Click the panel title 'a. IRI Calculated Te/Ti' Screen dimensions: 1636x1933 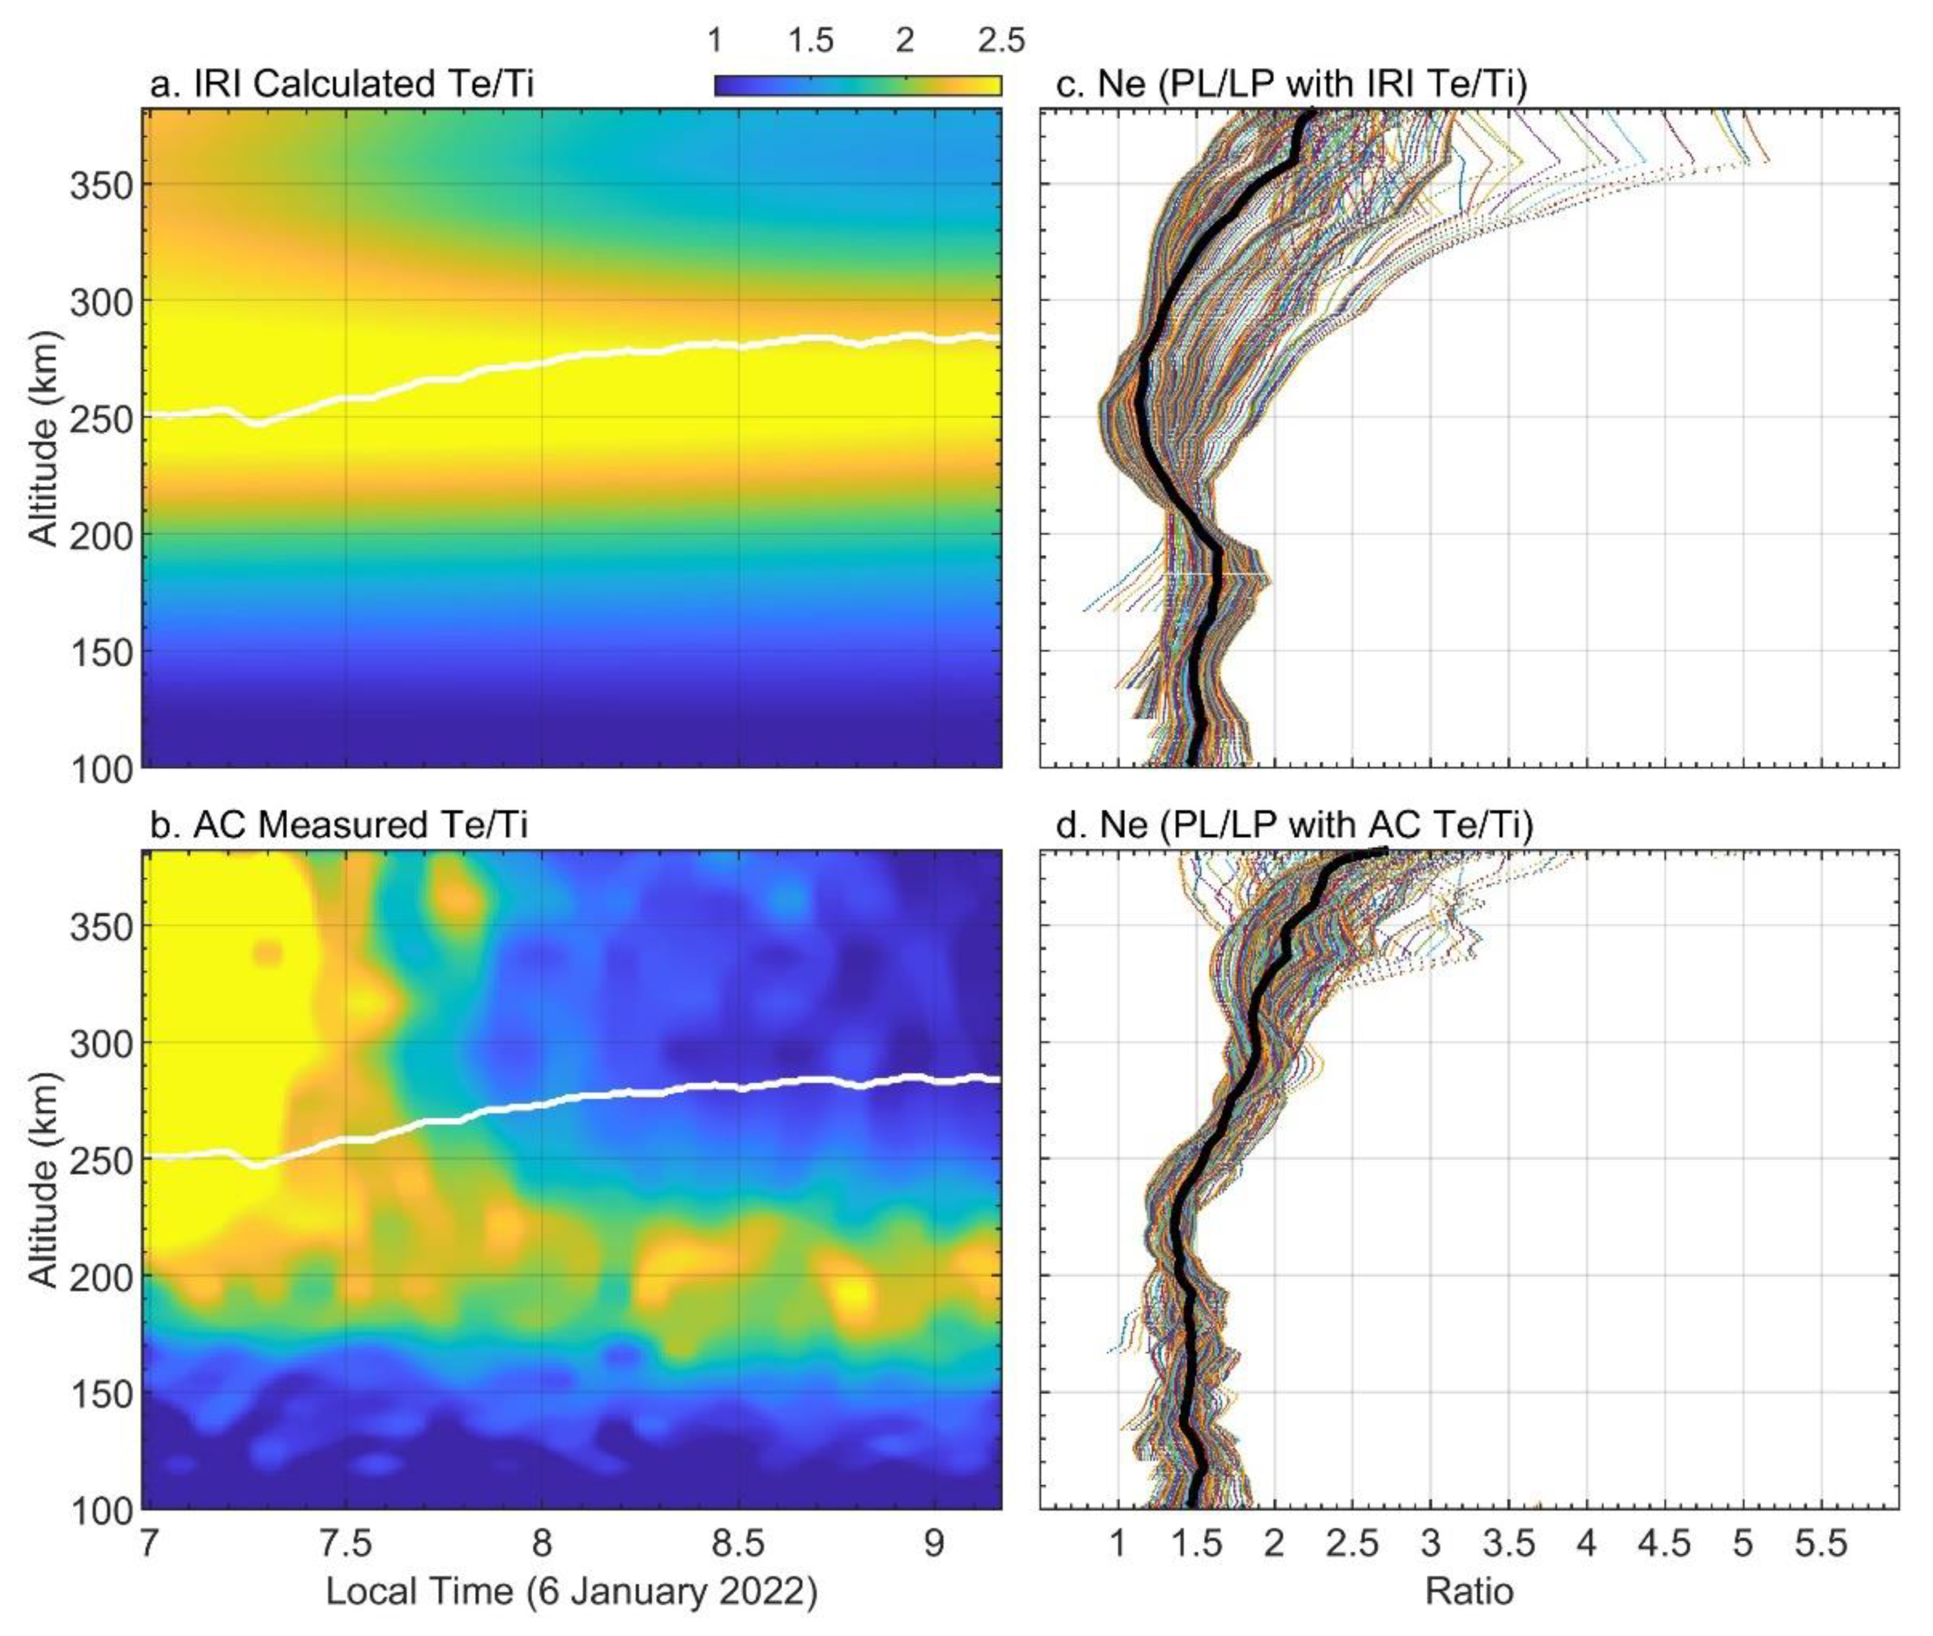tap(341, 84)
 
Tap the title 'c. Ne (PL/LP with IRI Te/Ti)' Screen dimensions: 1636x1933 tap(1291, 84)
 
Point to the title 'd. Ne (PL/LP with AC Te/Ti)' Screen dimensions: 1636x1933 tap(1294, 825)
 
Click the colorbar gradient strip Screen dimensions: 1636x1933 tap(857, 86)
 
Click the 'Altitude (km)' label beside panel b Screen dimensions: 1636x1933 tap(43, 1180)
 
